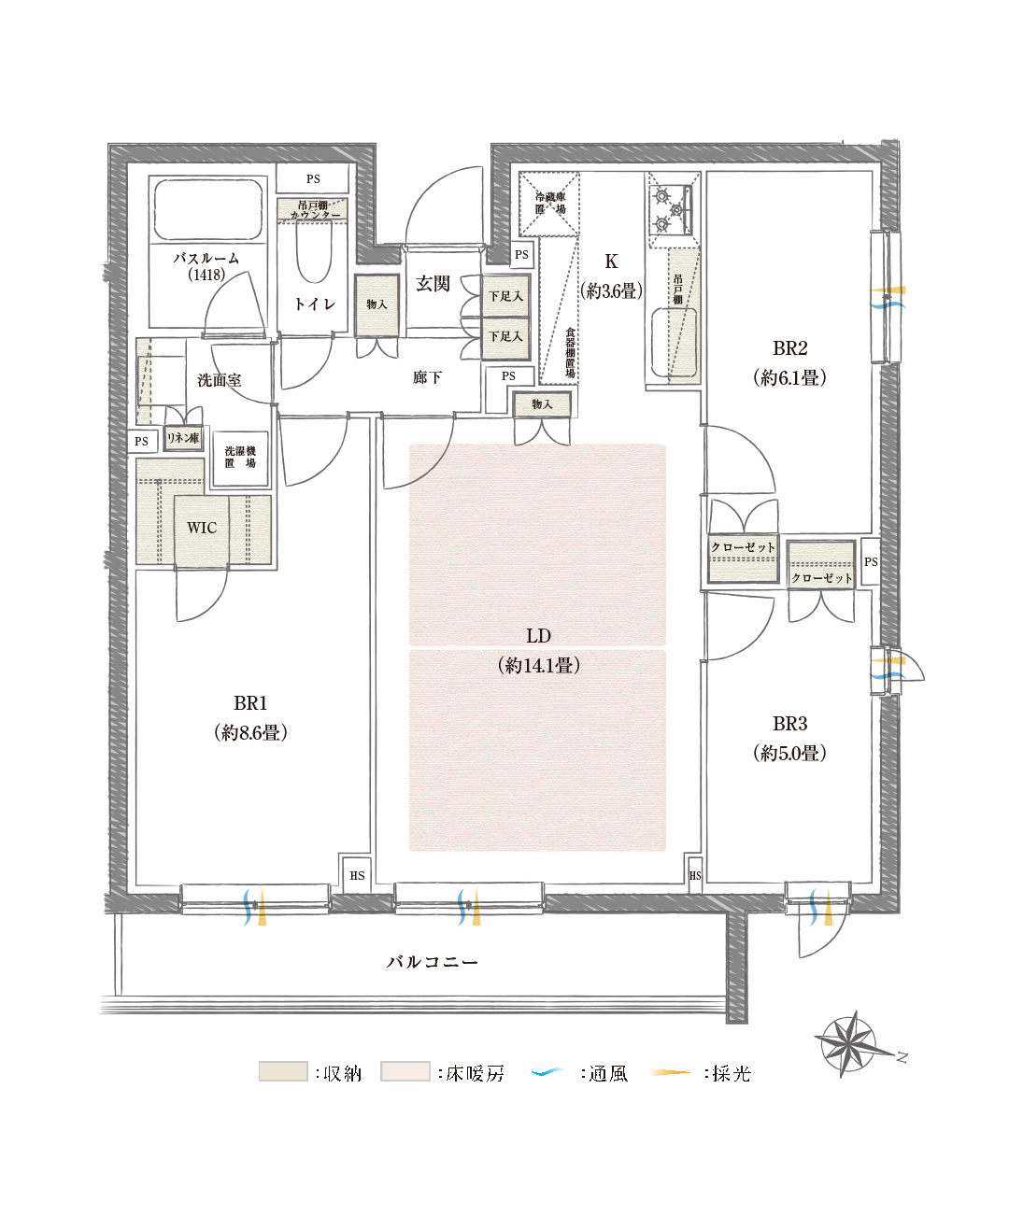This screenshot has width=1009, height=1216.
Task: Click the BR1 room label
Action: pos(250,704)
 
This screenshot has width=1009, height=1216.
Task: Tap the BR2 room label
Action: pos(789,348)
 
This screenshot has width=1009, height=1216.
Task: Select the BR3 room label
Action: pos(789,724)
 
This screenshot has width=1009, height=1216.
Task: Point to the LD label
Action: pos(538,636)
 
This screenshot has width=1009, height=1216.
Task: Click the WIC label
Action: pos(202,528)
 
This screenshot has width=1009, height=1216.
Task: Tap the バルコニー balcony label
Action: pos(433,962)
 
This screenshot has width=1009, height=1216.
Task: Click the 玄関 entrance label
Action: pos(433,284)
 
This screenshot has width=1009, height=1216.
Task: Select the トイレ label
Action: pos(314,304)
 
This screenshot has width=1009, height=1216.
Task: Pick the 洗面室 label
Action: pos(220,380)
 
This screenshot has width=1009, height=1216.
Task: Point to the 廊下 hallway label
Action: pos(427,377)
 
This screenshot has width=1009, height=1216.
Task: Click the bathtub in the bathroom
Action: pos(207,209)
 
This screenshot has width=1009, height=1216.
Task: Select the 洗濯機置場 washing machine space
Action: pos(240,458)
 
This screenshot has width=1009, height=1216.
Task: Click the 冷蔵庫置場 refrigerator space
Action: pos(549,203)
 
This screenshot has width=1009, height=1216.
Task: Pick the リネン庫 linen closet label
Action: pos(183,438)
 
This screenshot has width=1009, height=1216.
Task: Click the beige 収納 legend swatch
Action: pos(283,1072)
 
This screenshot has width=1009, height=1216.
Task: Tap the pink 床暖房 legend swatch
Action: pos(405,1072)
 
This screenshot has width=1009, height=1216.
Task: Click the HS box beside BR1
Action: pos(357,876)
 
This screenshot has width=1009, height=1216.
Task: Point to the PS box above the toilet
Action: pos(313,178)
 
